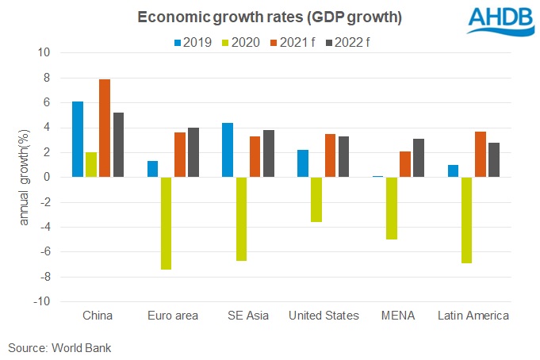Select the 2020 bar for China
tap(91, 164)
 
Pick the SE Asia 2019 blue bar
tap(226, 150)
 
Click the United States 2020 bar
tap(294, 199)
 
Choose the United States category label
tap(324, 316)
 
